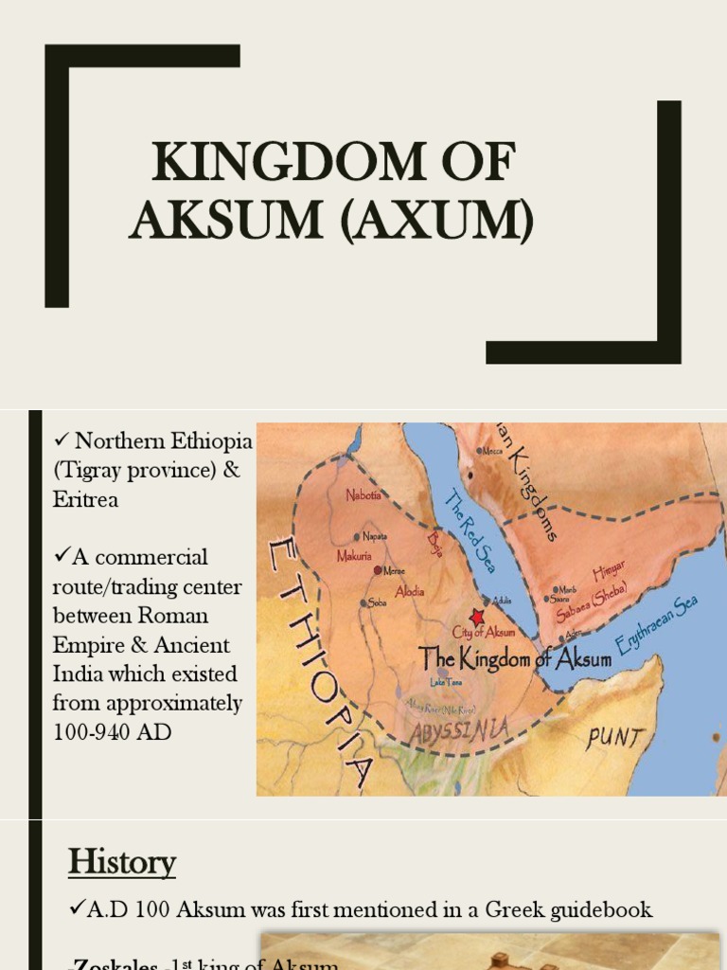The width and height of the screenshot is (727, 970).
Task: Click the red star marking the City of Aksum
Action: point(476,617)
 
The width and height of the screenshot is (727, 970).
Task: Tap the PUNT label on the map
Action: point(613,737)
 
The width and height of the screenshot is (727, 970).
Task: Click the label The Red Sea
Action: point(470,530)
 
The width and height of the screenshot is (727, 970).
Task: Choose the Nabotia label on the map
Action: point(363,494)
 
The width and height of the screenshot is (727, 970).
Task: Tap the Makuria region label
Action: point(355,556)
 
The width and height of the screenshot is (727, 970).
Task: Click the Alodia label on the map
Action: point(408,591)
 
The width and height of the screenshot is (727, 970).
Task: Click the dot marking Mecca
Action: point(480,451)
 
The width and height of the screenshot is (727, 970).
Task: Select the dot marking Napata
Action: point(357,536)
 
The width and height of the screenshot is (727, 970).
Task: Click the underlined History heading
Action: point(122,863)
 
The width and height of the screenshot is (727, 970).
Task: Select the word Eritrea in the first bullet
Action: point(86,499)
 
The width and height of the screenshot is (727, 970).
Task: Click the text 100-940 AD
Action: point(113,731)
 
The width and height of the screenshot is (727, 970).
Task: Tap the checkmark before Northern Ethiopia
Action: point(62,440)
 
